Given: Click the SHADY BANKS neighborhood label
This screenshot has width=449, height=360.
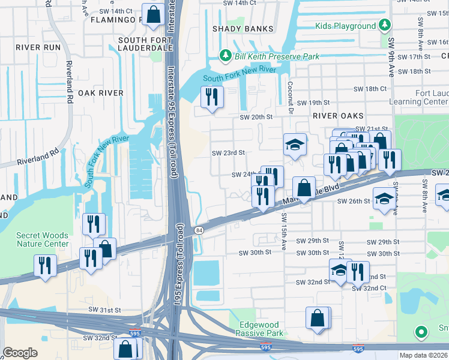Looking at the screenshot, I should point(243,29).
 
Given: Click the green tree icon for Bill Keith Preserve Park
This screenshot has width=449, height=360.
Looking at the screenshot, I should point(226,56).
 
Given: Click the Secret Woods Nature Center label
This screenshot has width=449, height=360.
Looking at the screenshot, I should point(42,240).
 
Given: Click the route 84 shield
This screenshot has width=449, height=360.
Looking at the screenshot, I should point(198,230).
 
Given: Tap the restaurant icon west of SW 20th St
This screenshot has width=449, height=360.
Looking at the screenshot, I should point(211,97).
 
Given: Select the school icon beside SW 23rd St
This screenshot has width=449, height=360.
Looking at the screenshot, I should point(295,145).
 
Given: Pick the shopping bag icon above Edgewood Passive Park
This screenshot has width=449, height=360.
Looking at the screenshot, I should point(317,319).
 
